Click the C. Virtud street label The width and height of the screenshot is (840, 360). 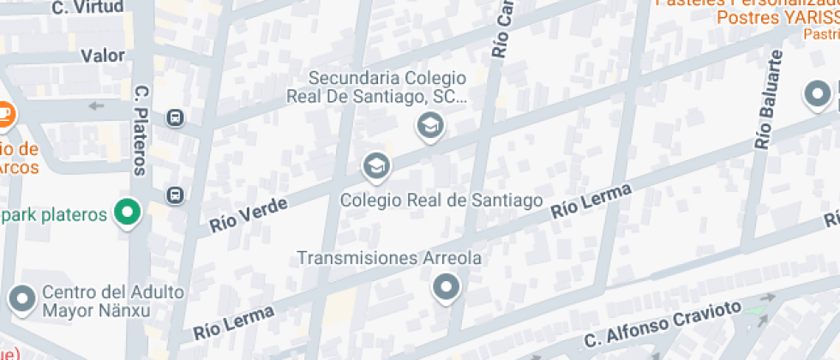(x=87, y=8)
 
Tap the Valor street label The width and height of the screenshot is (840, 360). (x=103, y=57)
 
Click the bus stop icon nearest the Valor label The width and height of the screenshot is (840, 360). (x=175, y=117)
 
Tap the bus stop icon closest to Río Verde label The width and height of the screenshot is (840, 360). (x=175, y=195)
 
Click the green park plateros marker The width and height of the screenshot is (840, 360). (x=128, y=213)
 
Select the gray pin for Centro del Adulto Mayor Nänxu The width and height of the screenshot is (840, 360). (x=21, y=299)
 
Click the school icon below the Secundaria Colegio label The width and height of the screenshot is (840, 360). (x=429, y=127)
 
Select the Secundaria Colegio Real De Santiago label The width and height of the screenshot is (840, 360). (x=387, y=87)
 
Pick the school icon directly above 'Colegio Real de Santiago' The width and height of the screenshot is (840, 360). (x=375, y=165)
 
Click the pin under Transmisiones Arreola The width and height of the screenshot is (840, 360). (x=446, y=287)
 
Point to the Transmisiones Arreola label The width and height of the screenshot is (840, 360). (x=388, y=257)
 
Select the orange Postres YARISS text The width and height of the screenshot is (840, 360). (x=777, y=17)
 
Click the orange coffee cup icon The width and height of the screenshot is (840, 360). (x=4, y=112)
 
